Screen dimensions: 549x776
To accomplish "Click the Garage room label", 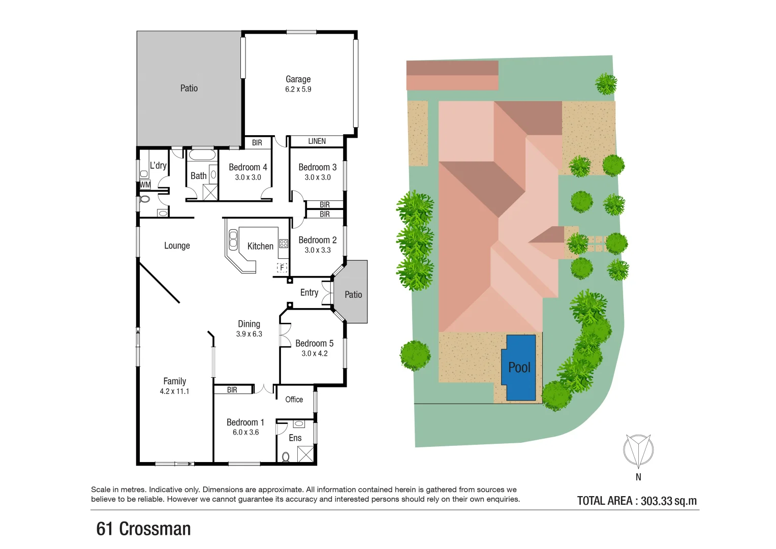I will [298, 79].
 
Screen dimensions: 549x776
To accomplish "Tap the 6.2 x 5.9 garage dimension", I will [298, 89].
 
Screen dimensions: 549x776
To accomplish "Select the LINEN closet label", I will [317, 141].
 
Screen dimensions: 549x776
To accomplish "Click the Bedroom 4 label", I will [247, 167].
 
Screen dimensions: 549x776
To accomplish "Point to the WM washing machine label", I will [145, 185].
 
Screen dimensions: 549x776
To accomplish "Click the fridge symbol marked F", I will [282, 267].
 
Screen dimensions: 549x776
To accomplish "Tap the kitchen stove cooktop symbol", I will [284, 243].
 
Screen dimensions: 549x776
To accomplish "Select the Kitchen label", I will [260, 246].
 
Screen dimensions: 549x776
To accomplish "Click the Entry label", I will [309, 292].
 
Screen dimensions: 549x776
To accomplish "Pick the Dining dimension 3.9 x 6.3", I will [249, 334].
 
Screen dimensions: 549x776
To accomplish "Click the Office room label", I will [294, 400].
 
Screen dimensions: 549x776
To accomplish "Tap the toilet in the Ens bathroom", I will [286, 456].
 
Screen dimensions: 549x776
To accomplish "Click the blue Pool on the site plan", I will [519, 368].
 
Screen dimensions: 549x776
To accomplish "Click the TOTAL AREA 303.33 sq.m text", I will [637, 501].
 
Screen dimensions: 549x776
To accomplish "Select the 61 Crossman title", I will [143, 529].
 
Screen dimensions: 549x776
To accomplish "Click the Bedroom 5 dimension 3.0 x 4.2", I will [315, 353].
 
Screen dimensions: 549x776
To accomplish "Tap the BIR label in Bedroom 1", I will [232, 390].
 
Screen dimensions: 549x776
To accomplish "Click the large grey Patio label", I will [189, 88].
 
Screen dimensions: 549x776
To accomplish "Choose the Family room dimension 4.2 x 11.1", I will [174, 391].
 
